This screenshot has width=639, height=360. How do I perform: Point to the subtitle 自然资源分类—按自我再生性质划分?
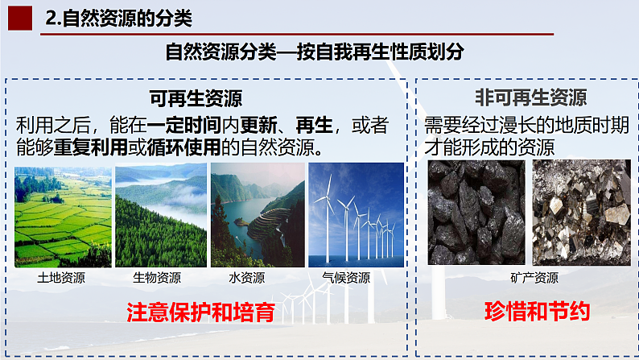[x=315, y=52]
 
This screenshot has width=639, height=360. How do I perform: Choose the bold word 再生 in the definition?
[x=314, y=126]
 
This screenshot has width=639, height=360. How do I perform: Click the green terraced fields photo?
[x=63, y=215]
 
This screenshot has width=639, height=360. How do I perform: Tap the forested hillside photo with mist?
[x=161, y=215]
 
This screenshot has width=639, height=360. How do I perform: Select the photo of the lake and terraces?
[x=258, y=215]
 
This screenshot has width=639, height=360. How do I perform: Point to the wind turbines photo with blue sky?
[x=356, y=215]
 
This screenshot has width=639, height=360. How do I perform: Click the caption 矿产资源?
[x=534, y=279]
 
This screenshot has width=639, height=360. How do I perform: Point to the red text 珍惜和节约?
[x=538, y=312]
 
